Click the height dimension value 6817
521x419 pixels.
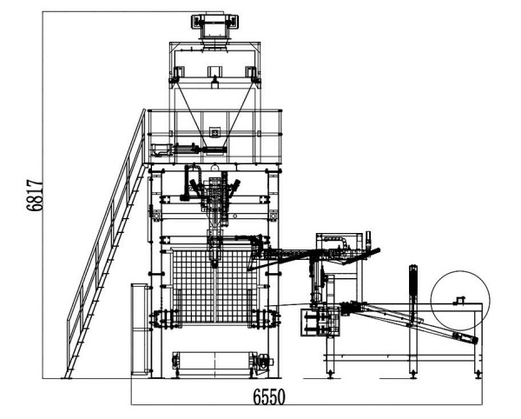pyautogui.click(x=35, y=196)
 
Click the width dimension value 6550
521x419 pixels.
pyautogui.click(x=269, y=396)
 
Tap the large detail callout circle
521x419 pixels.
pyautogui.click(x=460, y=300)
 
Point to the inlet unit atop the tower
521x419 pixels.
pyautogui.click(x=215, y=27)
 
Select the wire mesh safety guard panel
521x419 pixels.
pyautogui.click(x=215, y=285)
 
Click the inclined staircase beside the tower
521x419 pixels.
pyautogui.click(x=106, y=243)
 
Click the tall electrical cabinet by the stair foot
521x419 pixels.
pyautogui.click(x=140, y=329)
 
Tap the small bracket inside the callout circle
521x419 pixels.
pyautogui.click(x=460, y=300)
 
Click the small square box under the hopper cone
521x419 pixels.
pyautogui.click(x=215, y=132)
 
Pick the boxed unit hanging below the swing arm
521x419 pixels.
pyautogui.click(x=320, y=322)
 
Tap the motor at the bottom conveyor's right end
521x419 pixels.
pyautogui.click(x=266, y=361)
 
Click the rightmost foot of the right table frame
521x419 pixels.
pyautogui.click(x=478, y=375)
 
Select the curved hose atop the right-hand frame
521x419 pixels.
pyautogui.click(x=335, y=242)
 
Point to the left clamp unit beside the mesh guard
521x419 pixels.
pyautogui.click(x=163, y=318)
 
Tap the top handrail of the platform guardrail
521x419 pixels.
pyautogui.click(x=214, y=110)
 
